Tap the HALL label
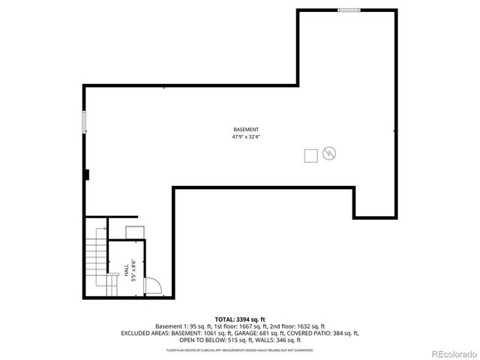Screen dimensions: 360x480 click(x=126, y=270)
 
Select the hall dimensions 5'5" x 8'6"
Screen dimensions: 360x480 click(x=133, y=270)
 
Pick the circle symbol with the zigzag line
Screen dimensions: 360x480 click(x=328, y=154)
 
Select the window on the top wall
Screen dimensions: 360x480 click(x=348, y=10)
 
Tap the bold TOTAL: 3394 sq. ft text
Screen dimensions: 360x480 click(x=241, y=319)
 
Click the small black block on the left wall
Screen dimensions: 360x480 click(x=88, y=175)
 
